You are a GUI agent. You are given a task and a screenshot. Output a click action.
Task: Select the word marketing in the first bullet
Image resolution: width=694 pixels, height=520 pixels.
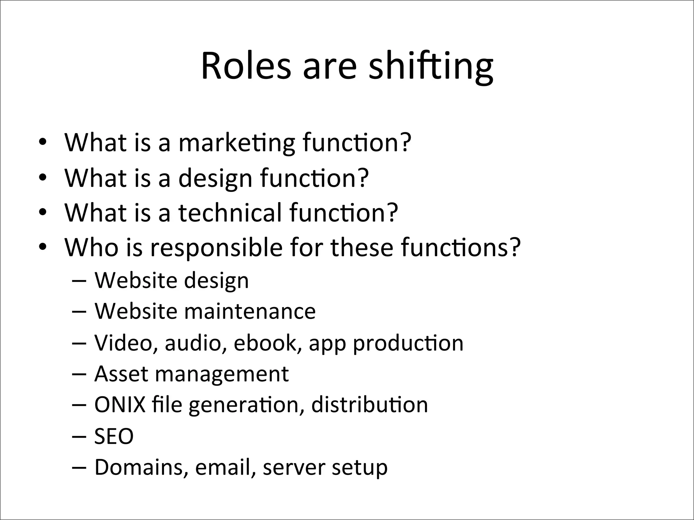pos(237,143)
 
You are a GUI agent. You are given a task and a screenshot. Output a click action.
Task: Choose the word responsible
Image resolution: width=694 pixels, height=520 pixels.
pos(216,248)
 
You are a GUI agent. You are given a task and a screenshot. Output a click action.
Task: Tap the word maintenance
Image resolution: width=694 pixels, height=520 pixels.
pos(250,311)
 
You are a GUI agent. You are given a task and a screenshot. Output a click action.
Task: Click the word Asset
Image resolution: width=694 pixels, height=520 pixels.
pos(121,374)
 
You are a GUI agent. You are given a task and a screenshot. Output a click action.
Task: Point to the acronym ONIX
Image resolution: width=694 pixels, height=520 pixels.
pos(120,405)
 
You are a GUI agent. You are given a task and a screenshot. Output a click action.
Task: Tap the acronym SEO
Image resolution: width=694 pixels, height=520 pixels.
pos(114,436)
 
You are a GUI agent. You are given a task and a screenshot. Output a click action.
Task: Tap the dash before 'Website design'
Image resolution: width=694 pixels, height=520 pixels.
pos(79,281)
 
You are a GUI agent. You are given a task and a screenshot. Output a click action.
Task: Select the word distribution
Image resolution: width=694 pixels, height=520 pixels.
pos(369,405)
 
